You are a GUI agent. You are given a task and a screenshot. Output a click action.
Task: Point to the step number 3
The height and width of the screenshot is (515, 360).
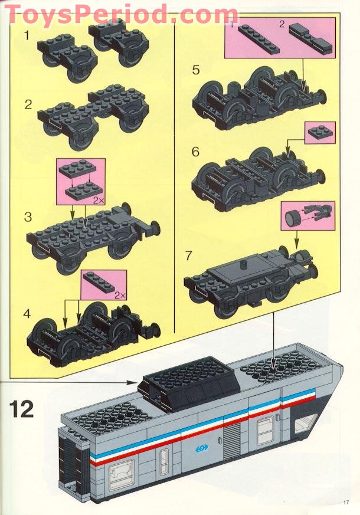[28, 217]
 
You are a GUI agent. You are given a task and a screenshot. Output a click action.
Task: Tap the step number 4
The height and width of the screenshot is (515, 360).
[27, 313]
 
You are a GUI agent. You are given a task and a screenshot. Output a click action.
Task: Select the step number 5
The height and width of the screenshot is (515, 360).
[196, 71]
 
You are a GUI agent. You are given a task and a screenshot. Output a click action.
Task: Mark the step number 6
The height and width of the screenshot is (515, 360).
[196, 152]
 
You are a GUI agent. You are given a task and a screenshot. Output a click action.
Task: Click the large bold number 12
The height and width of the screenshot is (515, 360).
[22, 408]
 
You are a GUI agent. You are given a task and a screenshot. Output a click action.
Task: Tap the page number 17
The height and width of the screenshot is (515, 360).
[346, 503]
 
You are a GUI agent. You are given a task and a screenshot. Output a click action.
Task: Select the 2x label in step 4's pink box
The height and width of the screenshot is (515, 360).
[120, 294]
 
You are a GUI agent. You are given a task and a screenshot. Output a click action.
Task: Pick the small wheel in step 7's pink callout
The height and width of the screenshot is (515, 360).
[291, 218]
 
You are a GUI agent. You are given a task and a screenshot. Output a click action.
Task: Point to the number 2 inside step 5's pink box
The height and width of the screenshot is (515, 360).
[282, 25]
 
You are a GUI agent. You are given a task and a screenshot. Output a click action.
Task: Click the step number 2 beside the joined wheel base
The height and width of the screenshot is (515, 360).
[28, 105]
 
